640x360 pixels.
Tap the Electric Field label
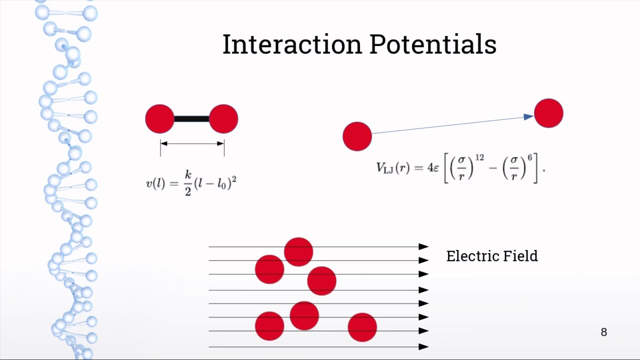492,256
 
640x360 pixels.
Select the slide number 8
603,332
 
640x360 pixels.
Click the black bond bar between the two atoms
191,119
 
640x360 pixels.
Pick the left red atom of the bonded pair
159,119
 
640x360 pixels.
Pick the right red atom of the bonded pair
223,119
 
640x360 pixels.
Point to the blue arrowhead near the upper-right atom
528,117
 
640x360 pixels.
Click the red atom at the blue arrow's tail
357,136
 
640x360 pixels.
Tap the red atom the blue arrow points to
548,113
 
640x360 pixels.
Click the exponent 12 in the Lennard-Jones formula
479,158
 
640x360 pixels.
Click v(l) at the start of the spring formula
155,183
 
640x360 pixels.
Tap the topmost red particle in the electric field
298,251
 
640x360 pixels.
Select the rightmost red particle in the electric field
362,327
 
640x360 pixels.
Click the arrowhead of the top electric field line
424,246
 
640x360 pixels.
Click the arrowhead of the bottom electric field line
424,346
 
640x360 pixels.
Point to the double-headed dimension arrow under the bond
192,144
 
